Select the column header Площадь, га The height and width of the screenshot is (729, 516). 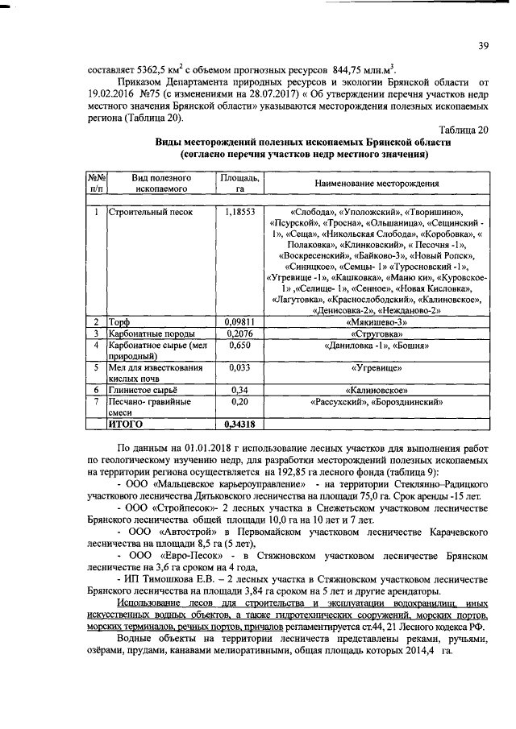pos(239,182)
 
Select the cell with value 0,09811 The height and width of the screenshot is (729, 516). pos(239,321)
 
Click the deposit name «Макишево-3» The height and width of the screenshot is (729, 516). pos(377,321)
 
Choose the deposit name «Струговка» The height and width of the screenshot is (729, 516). pos(377,333)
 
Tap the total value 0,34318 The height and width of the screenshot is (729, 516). pos(239,423)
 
